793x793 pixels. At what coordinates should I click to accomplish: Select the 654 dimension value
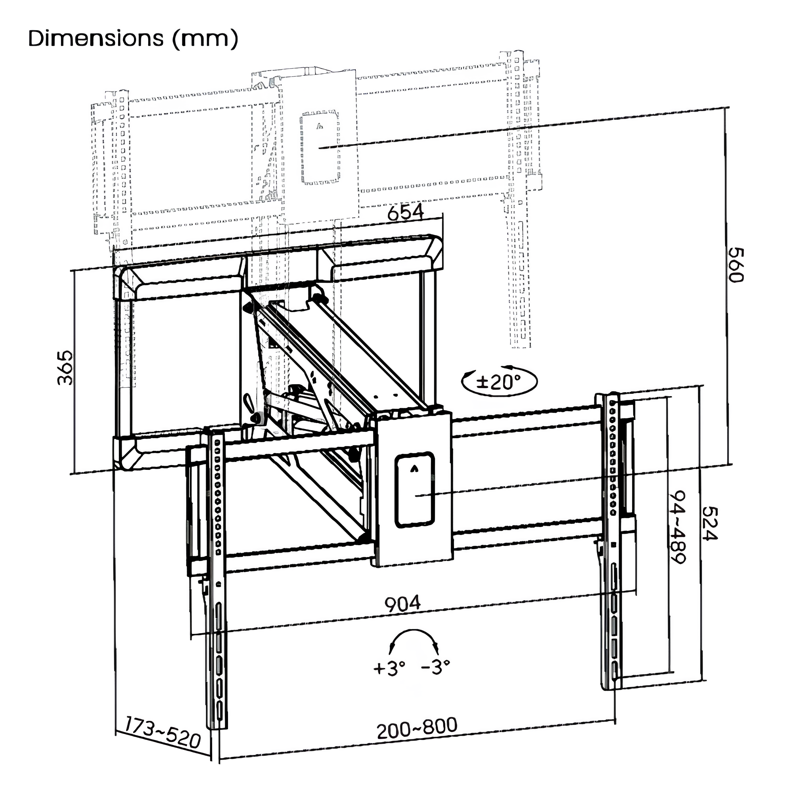[406, 213]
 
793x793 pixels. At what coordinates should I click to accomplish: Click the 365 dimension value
[65, 368]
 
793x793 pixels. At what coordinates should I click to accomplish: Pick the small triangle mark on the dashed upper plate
[320, 126]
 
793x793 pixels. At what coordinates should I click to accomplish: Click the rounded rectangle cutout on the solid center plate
[415, 490]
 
